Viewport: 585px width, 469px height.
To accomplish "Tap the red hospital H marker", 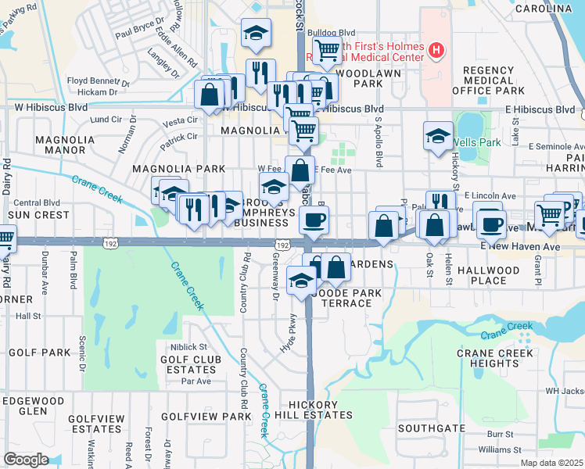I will coord(436,52).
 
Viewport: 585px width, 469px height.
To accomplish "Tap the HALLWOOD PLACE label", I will coord(490,275).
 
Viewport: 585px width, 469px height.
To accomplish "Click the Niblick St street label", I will coord(185,346).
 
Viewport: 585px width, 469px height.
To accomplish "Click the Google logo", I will coord(26,460).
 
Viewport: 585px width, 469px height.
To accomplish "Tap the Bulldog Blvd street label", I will coord(325,33).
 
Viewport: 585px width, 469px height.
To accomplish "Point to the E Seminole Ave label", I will coord(556,146).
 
